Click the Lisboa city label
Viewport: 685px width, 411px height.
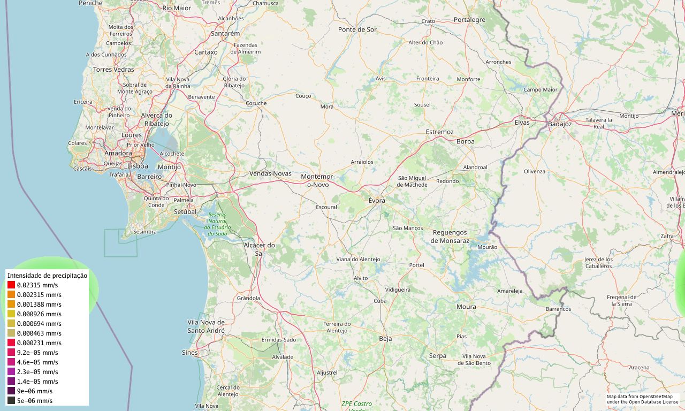click(x=138, y=166)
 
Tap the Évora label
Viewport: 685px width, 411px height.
click(x=377, y=200)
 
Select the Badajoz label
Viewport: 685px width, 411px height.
click(x=560, y=124)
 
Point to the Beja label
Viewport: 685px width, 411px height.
click(x=385, y=339)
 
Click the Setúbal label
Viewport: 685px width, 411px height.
click(x=186, y=211)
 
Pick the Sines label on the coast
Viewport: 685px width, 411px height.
click(x=189, y=353)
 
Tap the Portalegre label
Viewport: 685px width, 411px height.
click(x=469, y=20)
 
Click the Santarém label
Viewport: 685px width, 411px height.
click(x=225, y=33)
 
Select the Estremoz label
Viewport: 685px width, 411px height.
click(x=439, y=132)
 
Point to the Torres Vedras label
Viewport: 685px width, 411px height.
click(x=113, y=70)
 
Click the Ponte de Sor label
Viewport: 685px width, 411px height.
click(x=357, y=29)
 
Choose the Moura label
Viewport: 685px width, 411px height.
click(x=466, y=307)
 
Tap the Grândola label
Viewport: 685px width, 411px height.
click(x=248, y=298)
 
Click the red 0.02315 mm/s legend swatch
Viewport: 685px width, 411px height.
click(x=11, y=285)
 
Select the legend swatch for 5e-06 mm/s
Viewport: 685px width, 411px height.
click(x=11, y=401)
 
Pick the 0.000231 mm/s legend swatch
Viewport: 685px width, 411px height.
click(x=11, y=343)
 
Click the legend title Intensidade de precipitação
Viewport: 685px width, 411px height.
click(x=47, y=275)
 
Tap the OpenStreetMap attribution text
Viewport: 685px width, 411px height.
click(x=642, y=399)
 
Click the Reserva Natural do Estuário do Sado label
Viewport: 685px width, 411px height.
click(x=217, y=224)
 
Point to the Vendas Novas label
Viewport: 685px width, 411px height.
click(x=271, y=173)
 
